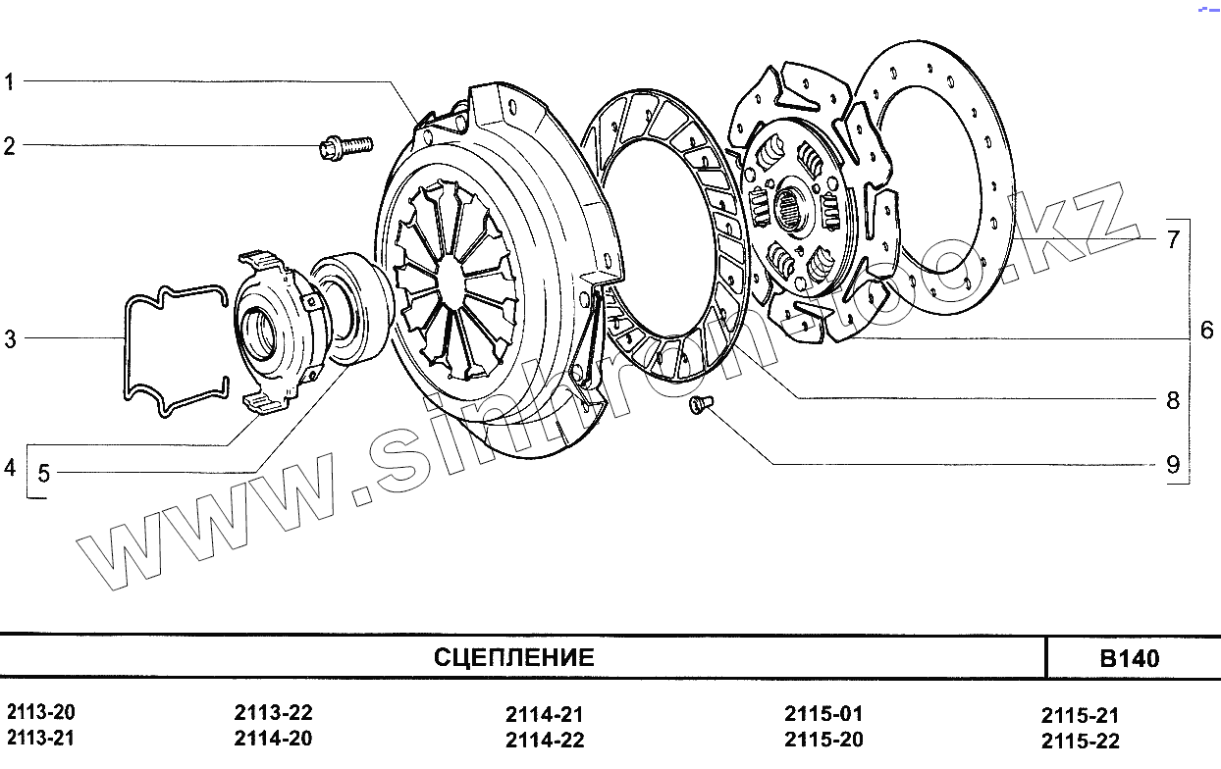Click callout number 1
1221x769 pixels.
click(9, 82)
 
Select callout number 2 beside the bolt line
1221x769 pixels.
click(9, 146)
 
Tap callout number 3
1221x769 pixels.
click(11, 338)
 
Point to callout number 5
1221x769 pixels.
click(44, 474)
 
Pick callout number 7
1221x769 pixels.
click(1173, 239)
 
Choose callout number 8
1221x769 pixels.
click(1173, 400)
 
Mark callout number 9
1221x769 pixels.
click(1173, 465)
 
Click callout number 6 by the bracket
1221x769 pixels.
click(1207, 331)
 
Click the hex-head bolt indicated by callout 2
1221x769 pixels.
click(345, 147)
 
